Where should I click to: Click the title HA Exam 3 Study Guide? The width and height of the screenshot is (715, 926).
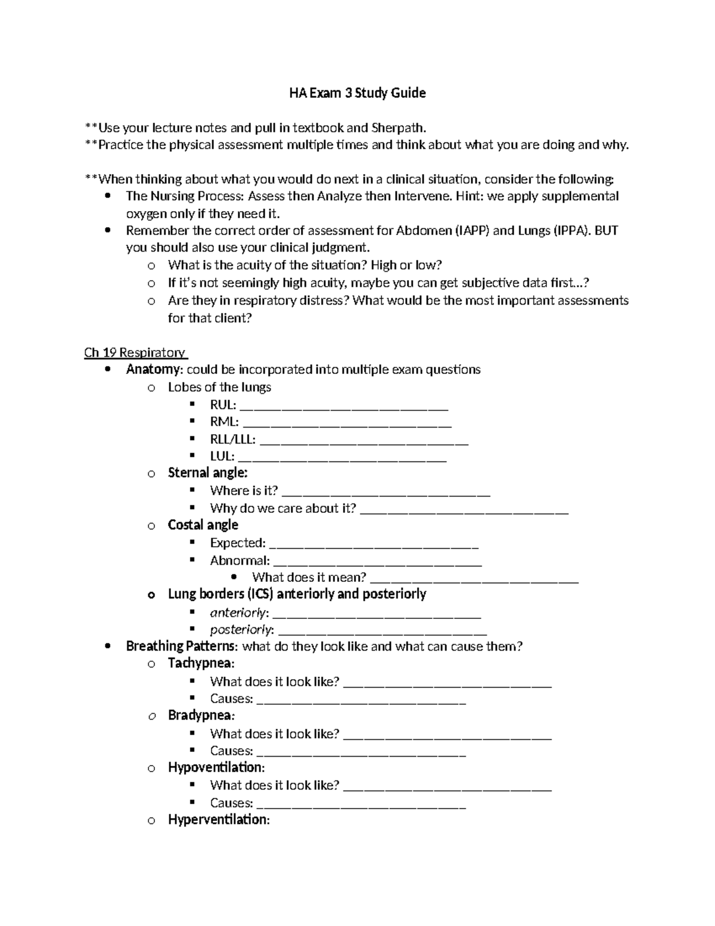[357, 93]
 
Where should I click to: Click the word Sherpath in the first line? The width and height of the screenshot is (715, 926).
[398, 128]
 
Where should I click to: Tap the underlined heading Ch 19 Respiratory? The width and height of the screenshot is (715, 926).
[136, 352]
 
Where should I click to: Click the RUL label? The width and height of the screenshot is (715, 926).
[222, 405]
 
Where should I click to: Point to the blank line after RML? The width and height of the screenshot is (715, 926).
[347, 423]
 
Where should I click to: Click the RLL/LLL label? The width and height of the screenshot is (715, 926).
[232, 440]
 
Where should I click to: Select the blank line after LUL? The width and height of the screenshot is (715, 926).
[342, 457]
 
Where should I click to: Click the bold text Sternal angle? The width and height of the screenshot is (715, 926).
[207, 473]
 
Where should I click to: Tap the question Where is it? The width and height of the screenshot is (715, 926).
[244, 491]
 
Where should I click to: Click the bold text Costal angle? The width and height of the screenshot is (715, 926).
[203, 525]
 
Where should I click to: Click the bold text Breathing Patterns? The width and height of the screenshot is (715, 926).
[181, 646]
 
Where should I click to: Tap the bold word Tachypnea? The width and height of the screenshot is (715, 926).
[200, 663]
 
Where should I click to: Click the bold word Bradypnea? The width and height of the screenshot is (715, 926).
[200, 715]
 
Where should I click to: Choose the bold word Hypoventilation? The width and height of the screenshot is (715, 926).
[215, 767]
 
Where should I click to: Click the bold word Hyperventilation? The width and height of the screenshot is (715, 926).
[218, 820]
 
